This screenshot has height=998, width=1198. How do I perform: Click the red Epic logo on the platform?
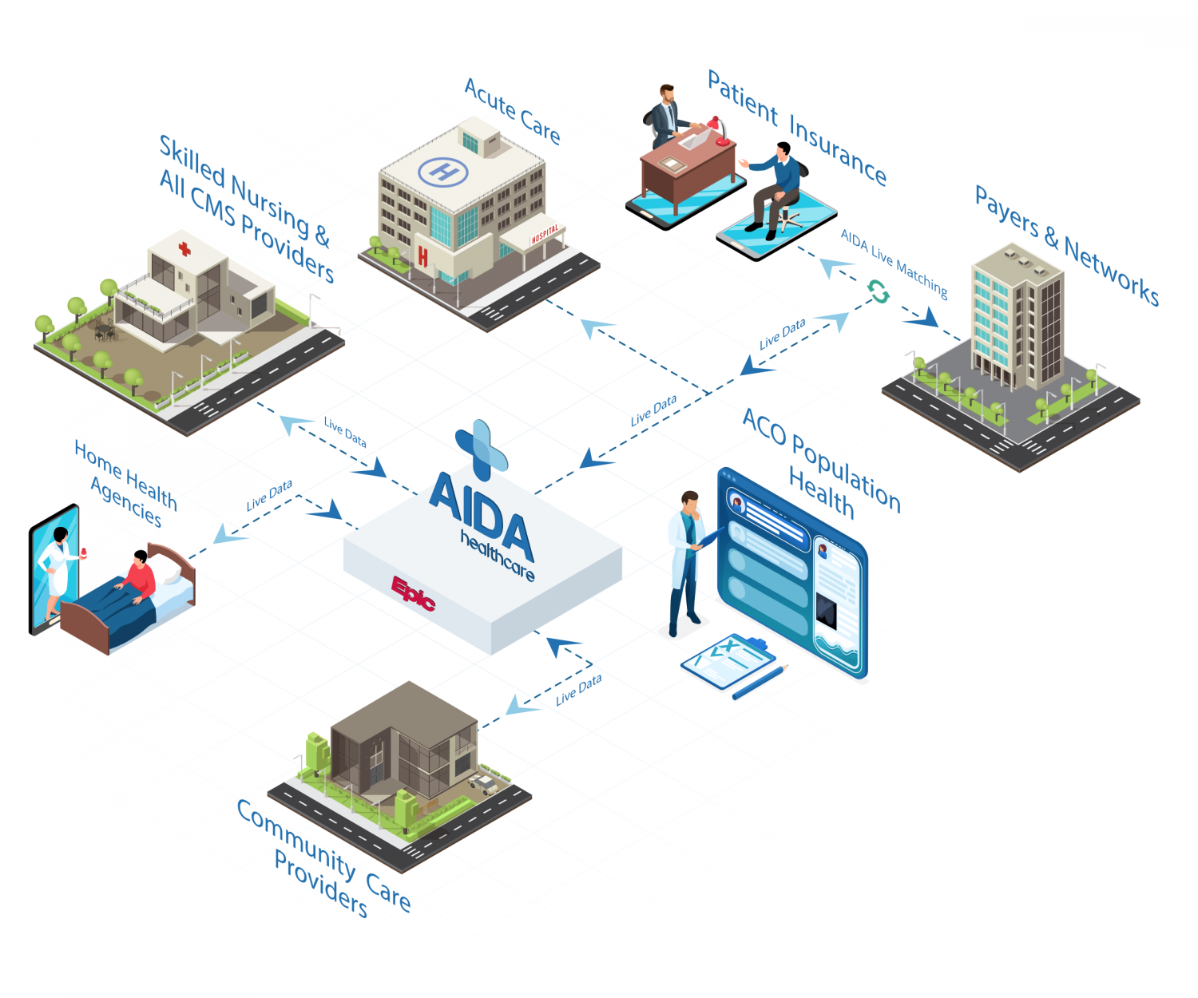413,592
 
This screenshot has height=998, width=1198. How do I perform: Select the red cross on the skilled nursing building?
184,248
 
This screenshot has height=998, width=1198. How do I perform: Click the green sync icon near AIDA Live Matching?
879,292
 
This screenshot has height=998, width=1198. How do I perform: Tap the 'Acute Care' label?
513,111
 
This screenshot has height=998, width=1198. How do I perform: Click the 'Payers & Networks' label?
1067,244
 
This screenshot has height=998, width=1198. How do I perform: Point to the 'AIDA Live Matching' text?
895,263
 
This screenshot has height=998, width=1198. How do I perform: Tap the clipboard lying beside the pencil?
728,659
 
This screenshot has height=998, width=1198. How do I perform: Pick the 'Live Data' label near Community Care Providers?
578,690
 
